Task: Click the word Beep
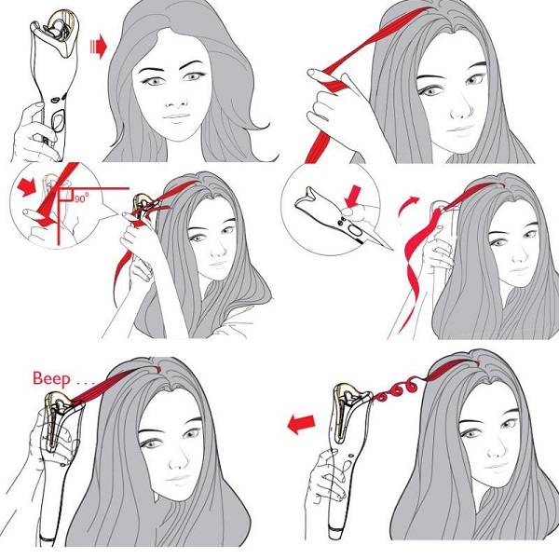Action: (x=51, y=379)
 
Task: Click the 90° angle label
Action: (x=81, y=198)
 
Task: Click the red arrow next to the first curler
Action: (x=98, y=47)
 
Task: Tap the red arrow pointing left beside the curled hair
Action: (x=301, y=424)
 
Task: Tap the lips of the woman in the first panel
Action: (x=176, y=117)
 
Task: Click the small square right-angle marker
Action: (x=66, y=196)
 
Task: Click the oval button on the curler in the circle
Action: (x=355, y=232)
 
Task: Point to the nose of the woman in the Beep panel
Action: (x=176, y=460)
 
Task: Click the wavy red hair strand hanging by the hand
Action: (x=414, y=271)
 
